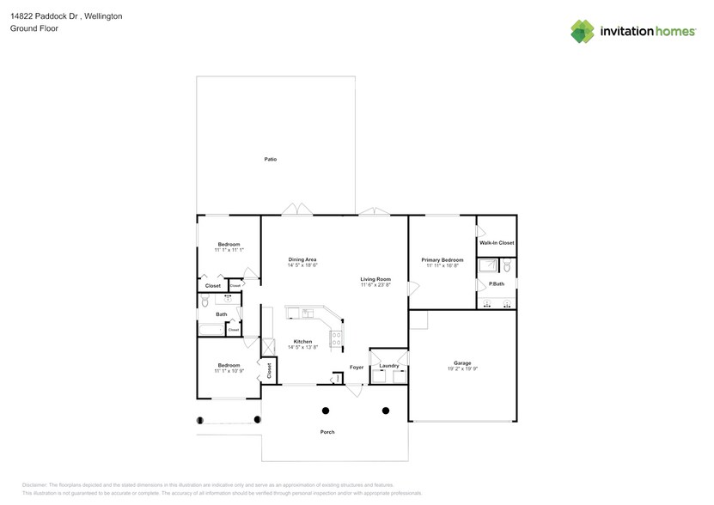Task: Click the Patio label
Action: pyautogui.click(x=271, y=159)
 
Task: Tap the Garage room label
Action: pyautogui.click(x=461, y=362)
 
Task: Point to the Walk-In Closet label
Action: pyautogui.click(x=497, y=243)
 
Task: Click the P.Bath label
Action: pyautogui.click(x=496, y=284)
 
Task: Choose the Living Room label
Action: pyautogui.click(x=375, y=279)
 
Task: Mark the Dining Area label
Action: pyautogui.click(x=302, y=259)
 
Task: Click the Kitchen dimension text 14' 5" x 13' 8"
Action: pyautogui.click(x=302, y=347)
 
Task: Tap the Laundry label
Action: pyautogui.click(x=389, y=366)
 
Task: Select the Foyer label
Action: pyautogui.click(x=356, y=367)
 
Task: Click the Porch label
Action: pyautogui.click(x=327, y=432)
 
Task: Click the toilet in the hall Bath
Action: pyautogui.click(x=204, y=301)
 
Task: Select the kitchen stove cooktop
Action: pyautogui.click(x=337, y=336)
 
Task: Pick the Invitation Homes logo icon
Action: pyautogui.click(x=583, y=31)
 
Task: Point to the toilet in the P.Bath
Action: pyautogui.click(x=507, y=266)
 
